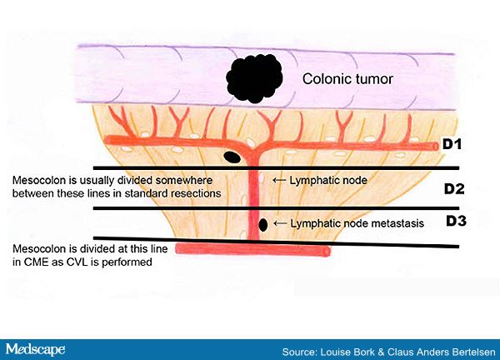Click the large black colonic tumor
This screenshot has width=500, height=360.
click(x=254, y=78)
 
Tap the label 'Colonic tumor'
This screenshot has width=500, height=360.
click(x=347, y=79)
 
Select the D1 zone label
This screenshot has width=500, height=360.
click(x=452, y=144)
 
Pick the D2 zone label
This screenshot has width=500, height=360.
click(x=454, y=189)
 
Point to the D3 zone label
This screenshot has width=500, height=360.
click(x=456, y=221)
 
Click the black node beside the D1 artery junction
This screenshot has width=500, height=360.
click(x=232, y=157)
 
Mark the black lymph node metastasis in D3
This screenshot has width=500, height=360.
click(x=262, y=225)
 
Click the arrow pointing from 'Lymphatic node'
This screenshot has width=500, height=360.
click(x=279, y=181)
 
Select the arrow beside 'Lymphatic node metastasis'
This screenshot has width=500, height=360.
click(x=280, y=223)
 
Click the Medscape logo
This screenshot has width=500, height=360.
click(x=35, y=349)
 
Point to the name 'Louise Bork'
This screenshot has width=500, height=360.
click(x=347, y=352)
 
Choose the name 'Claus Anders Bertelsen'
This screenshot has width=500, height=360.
click(x=442, y=352)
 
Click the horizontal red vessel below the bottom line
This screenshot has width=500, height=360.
click(x=252, y=249)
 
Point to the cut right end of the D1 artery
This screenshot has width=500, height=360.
click(x=436, y=146)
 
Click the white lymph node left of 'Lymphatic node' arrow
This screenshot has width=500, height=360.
click(x=261, y=178)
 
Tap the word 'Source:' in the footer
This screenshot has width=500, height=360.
click(x=300, y=352)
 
